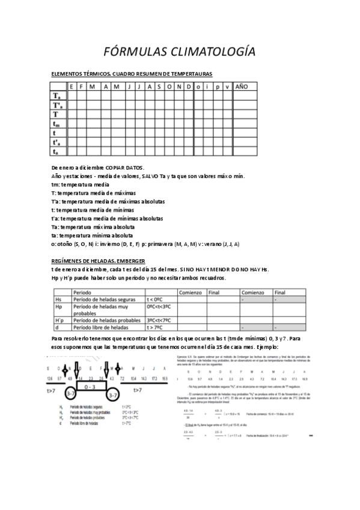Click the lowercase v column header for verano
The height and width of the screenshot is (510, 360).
227,87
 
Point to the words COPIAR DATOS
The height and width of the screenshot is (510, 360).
125,167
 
